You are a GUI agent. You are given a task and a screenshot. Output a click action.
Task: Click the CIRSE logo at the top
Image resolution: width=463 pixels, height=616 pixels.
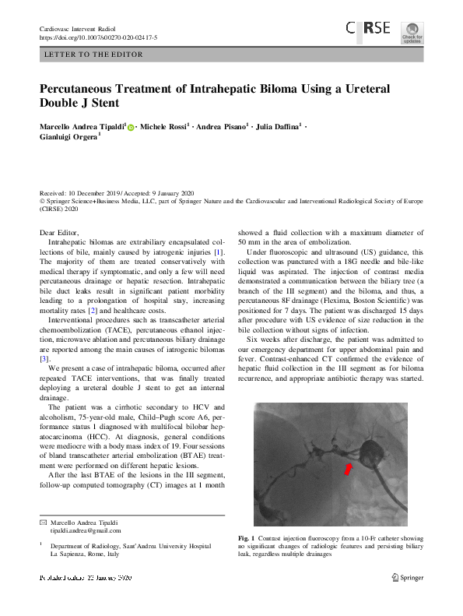click(369, 30)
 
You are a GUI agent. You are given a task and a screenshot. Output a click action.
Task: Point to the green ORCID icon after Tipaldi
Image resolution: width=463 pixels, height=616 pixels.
click(130, 127)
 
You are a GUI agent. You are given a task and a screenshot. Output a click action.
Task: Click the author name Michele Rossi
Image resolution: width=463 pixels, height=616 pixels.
click(163, 126)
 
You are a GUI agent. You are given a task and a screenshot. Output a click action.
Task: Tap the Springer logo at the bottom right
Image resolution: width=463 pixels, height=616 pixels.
click(406, 577)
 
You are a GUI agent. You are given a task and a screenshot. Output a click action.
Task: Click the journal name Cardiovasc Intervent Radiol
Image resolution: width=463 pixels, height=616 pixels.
click(79, 29)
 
